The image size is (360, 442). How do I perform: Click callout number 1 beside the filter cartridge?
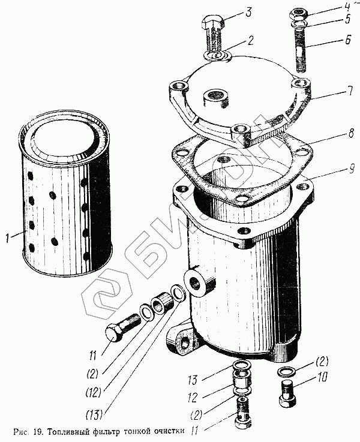8,237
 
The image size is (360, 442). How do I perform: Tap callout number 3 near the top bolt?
248,13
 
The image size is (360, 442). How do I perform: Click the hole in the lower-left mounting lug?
185,344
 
